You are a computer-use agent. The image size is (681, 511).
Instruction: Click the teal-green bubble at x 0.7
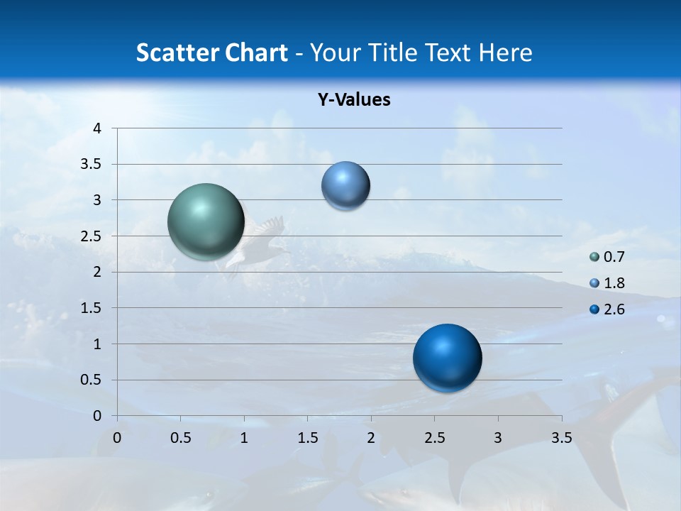pos(206,221)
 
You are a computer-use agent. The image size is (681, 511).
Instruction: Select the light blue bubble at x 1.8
pos(345,185)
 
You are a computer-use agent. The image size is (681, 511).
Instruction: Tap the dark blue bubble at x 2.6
pos(447,358)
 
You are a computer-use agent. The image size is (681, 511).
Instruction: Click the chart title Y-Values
pos(354,100)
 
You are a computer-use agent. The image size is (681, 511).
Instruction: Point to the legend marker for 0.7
pos(594,257)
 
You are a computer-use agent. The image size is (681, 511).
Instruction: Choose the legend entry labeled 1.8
pos(614,283)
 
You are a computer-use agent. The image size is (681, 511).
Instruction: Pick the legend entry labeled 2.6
pos(614,309)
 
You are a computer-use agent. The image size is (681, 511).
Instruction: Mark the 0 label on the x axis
pos(117,438)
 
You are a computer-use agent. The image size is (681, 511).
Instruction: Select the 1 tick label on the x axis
pos(244,438)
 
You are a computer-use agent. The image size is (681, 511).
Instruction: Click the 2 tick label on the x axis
pos(371,438)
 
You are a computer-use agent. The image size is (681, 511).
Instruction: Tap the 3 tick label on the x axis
pos(498,438)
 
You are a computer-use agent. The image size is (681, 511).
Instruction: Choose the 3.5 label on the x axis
pos(561,438)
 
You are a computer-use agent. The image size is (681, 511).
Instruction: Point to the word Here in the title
pos(505,53)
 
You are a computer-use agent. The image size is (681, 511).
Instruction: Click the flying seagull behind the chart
pos(259,238)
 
